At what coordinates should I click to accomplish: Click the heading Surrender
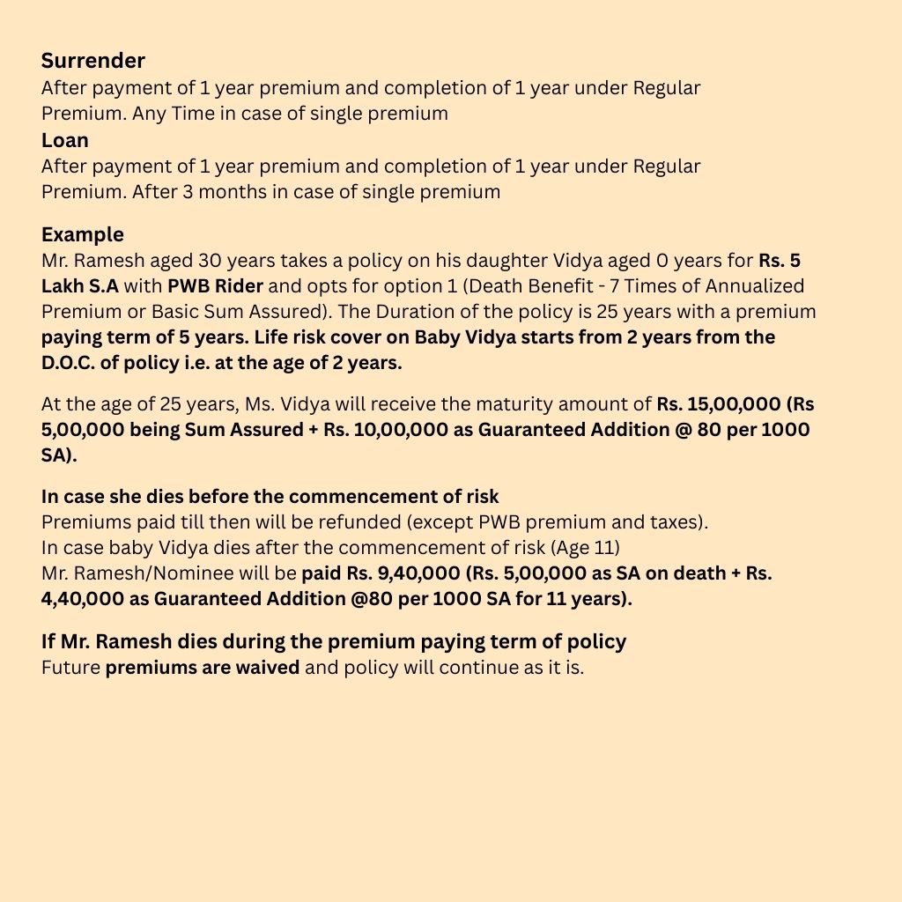(x=93, y=61)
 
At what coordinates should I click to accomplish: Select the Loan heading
(x=65, y=140)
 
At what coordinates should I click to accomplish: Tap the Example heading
(x=83, y=235)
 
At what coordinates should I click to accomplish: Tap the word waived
(x=268, y=668)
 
